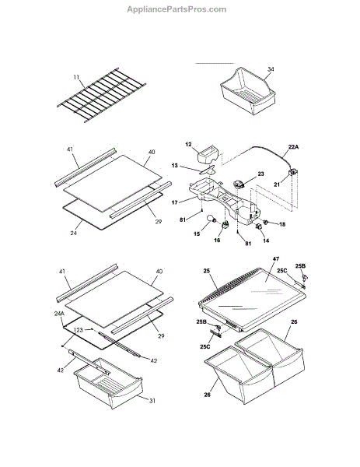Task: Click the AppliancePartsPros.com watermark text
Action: pyautogui.click(x=177, y=9)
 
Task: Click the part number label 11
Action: pyautogui.click(x=76, y=77)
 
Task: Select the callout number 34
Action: pyautogui.click(x=271, y=69)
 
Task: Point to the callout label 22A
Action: pyautogui.click(x=293, y=147)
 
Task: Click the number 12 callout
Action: pyautogui.click(x=188, y=145)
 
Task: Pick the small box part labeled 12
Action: pyautogui.click(x=208, y=154)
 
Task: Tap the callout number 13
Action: pyautogui.click(x=175, y=165)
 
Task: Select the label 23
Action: pyautogui.click(x=260, y=174)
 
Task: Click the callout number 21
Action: pyautogui.click(x=277, y=184)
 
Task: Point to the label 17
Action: pyautogui.click(x=175, y=202)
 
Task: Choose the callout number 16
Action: pyautogui.click(x=217, y=240)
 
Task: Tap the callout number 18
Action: pyautogui.click(x=282, y=224)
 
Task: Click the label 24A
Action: pyautogui.click(x=59, y=314)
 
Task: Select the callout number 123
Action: pyautogui.click(x=78, y=330)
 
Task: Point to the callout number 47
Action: pyautogui.click(x=276, y=259)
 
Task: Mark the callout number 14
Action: pyautogui.click(x=266, y=241)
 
